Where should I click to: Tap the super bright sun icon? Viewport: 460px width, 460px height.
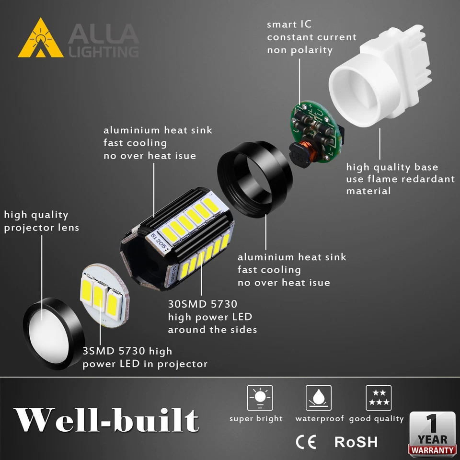tap(260, 398)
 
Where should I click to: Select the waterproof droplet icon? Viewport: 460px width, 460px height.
tap(319, 398)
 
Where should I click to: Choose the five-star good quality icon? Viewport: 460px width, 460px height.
tap(379, 398)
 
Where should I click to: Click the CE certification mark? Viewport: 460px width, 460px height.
tap(306, 441)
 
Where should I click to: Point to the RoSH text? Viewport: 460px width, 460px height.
tap(356, 441)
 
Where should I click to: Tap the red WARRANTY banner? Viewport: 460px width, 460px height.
tap(432, 450)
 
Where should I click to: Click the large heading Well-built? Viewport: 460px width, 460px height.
tap(106, 421)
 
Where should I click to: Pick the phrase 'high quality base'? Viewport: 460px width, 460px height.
tap(392, 167)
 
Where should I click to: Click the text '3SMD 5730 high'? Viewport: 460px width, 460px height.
tap(127, 351)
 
